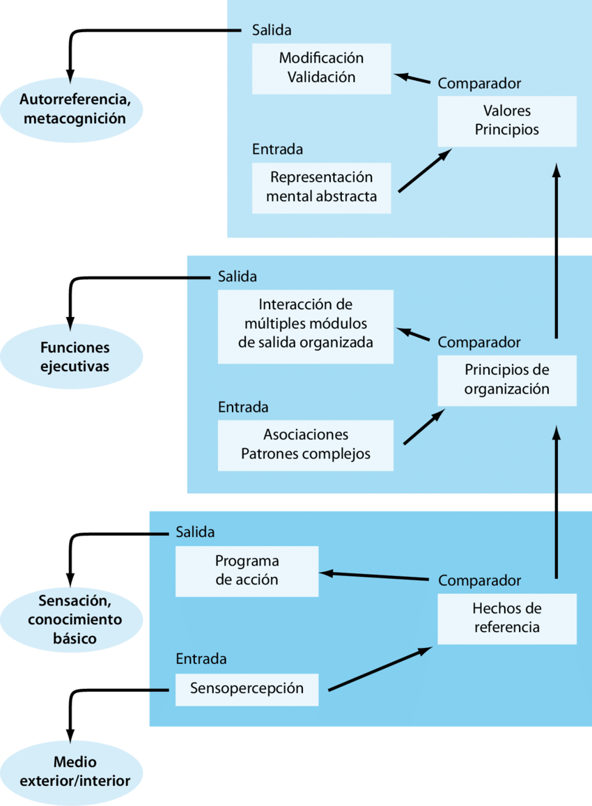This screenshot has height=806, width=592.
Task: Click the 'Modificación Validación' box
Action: (321, 68)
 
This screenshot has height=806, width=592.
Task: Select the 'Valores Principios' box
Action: (506, 121)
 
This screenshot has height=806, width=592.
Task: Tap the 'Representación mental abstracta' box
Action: (321, 187)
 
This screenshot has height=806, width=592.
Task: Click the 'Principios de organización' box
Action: (506, 380)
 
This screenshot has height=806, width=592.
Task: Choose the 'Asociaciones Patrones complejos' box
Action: (305, 445)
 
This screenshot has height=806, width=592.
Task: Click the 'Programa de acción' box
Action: (247, 571)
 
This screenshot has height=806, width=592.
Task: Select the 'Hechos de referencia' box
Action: (506, 618)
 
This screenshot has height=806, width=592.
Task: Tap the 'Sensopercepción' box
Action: (247, 689)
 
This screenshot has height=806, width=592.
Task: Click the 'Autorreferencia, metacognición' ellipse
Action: (73, 108)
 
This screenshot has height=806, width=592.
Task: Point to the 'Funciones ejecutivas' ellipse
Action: (73, 357)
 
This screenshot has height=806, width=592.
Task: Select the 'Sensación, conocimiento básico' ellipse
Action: (73, 619)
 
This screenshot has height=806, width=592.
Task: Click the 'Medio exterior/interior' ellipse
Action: (73, 773)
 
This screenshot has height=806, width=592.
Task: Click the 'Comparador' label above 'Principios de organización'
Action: (479, 342)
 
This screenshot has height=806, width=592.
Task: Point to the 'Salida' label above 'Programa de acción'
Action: (195, 532)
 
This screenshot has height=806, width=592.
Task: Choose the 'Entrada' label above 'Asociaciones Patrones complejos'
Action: (243, 407)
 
